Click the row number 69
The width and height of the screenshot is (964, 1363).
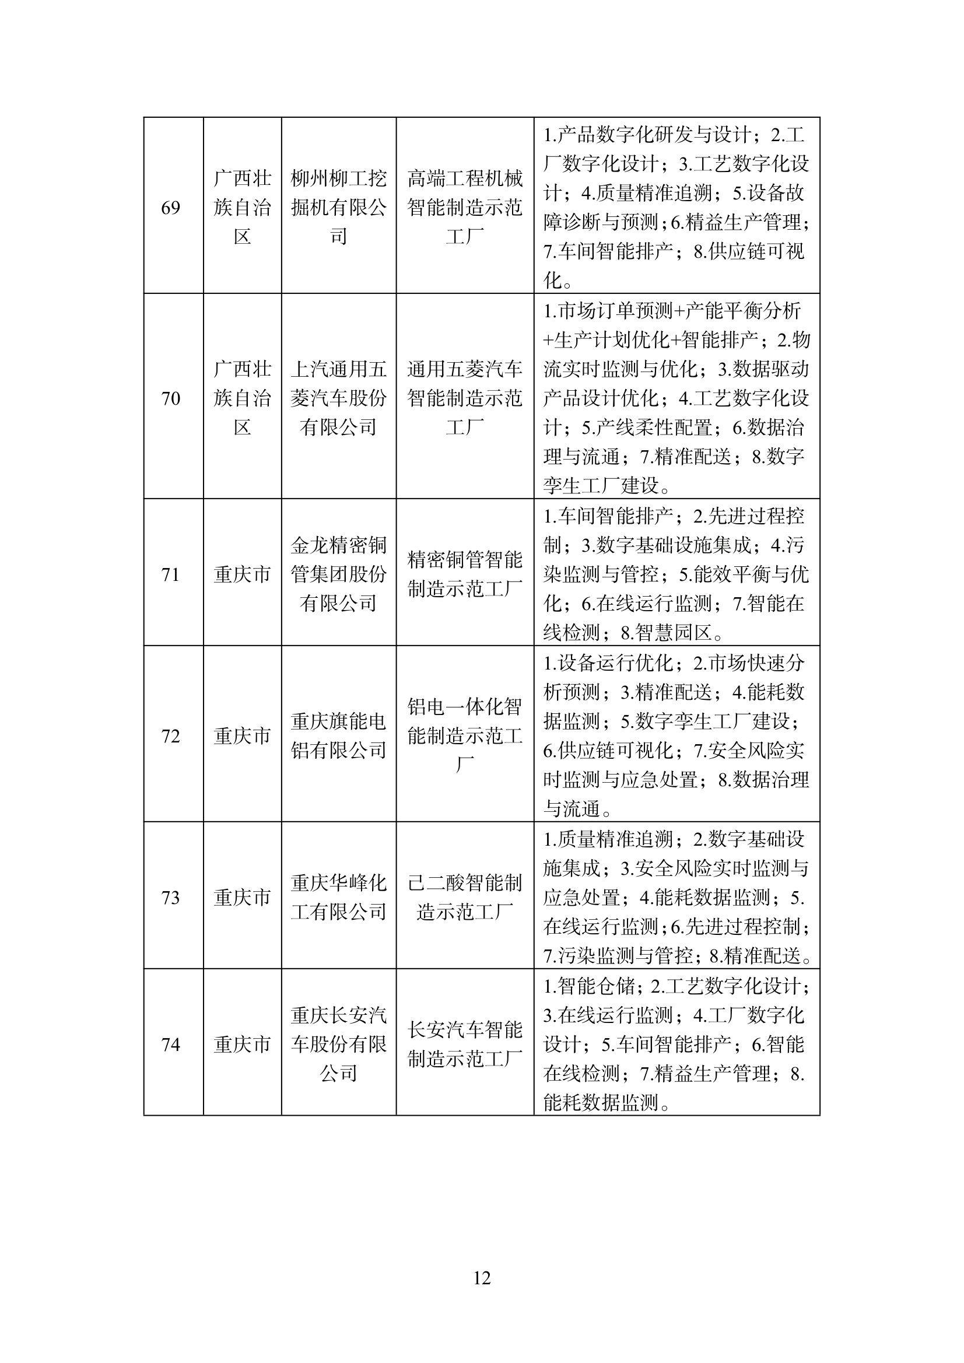tap(170, 208)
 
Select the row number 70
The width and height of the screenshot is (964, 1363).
tap(170, 398)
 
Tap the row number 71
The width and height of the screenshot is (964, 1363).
tap(170, 574)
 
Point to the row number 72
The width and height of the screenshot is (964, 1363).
tap(170, 736)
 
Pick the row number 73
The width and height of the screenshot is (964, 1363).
tap(170, 898)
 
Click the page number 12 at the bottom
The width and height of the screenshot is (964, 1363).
tap(481, 1294)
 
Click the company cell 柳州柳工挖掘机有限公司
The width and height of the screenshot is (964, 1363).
tap(338, 208)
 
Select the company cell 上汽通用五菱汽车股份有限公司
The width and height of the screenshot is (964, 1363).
tap(338, 398)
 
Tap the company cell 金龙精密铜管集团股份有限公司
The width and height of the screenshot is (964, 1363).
tap(338, 574)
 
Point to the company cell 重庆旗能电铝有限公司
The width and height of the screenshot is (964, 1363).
tap(338, 736)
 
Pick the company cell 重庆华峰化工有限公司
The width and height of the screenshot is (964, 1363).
tap(338, 898)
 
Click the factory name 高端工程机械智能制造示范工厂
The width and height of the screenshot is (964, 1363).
tap(465, 208)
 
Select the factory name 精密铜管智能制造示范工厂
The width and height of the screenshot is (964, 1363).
tap(465, 574)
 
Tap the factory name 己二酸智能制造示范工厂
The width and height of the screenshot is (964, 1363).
tap(465, 898)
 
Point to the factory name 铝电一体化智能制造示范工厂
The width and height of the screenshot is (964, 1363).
tap(465, 736)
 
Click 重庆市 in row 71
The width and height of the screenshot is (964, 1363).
tap(242, 574)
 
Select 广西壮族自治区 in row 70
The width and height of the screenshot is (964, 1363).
tap(242, 398)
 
